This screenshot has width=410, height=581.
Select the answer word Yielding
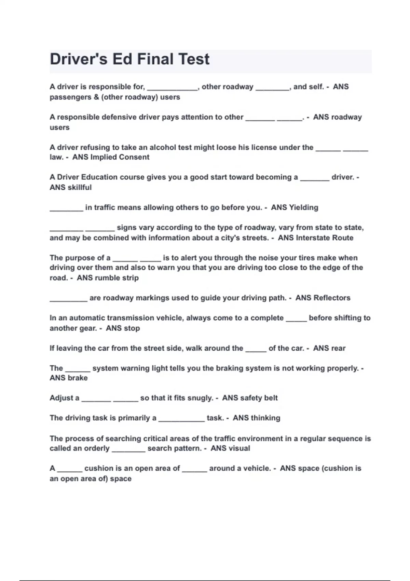coord(303,207)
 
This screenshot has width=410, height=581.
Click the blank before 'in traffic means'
coord(66,209)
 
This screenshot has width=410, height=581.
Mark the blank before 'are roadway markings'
coord(68,300)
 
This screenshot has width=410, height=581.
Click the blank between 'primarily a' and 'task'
coord(181,420)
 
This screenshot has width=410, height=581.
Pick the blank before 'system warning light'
coord(78,370)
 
